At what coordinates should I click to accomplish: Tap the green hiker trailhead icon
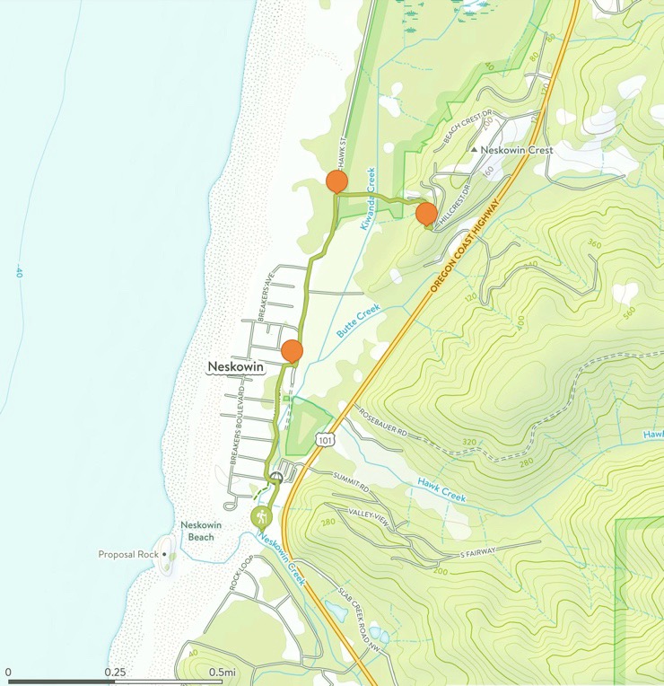[x=261, y=517]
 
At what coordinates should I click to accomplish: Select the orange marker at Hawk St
[x=336, y=181]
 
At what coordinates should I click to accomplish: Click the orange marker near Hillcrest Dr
[x=426, y=214]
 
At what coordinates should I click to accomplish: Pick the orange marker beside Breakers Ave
[x=292, y=351]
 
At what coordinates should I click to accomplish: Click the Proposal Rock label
[x=127, y=555]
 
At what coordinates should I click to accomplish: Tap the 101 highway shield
[x=325, y=439]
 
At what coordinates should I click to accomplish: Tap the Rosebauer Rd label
[x=382, y=421]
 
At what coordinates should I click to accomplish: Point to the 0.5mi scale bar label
[x=223, y=672]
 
